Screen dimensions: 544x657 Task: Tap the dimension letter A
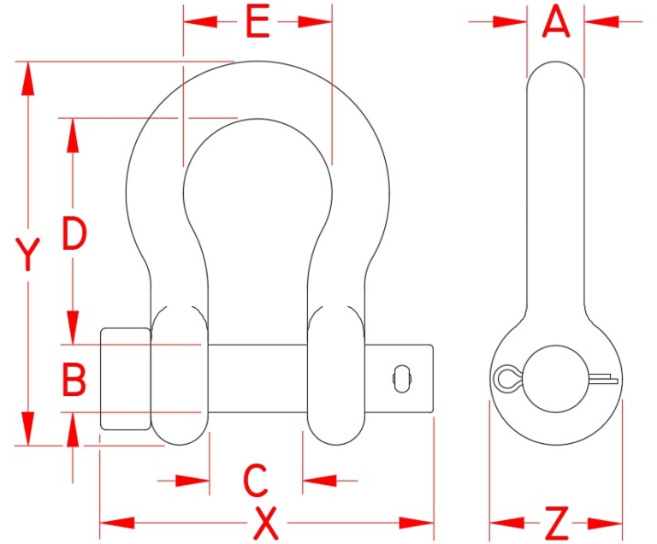coord(556,22)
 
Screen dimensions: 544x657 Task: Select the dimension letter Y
coord(28,255)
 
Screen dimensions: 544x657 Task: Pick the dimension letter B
coord(74,380)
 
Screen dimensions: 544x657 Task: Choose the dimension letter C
coord(256,481)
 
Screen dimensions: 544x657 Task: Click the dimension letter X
coord(267,522)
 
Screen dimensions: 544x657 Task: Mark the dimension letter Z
coord(556,522)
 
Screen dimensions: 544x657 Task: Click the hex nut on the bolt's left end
coord(127,378)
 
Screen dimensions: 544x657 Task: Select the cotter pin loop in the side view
coord(506,377)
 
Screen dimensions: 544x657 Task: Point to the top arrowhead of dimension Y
coord(28,77)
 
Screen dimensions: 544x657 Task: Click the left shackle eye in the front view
coord(179,376)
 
